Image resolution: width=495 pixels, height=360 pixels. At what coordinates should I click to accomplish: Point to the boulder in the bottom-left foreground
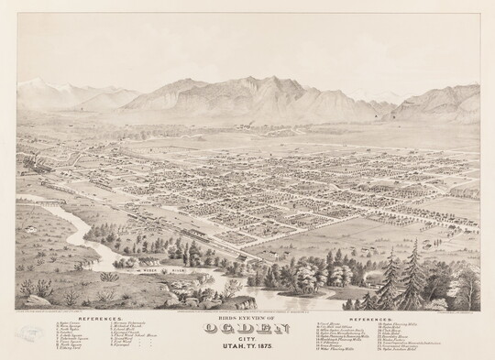coord(37,299)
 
